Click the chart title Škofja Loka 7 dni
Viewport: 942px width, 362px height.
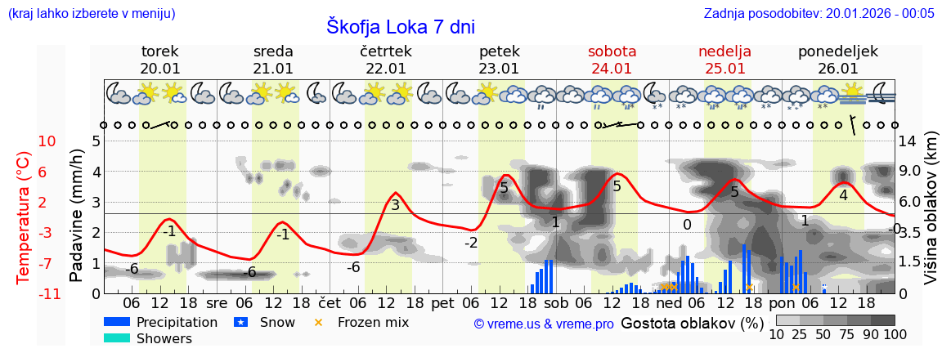pos(400,26)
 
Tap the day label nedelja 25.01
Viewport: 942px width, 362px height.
pos(724,60)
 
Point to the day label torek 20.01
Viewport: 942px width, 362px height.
pos(160,60)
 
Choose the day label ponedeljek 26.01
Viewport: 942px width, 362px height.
pos(837,60)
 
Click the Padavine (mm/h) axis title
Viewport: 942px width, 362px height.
pos(77,216)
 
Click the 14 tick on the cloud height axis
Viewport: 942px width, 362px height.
pos(908,141)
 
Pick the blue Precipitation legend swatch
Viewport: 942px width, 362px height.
pos(117,323)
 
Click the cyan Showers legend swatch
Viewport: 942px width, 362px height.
pos(117,338)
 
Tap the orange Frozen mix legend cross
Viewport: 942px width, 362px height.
pos(319,323)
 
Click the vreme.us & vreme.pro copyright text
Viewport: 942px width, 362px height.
pos(543,324)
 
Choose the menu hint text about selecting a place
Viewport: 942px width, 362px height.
pos(91,13)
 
